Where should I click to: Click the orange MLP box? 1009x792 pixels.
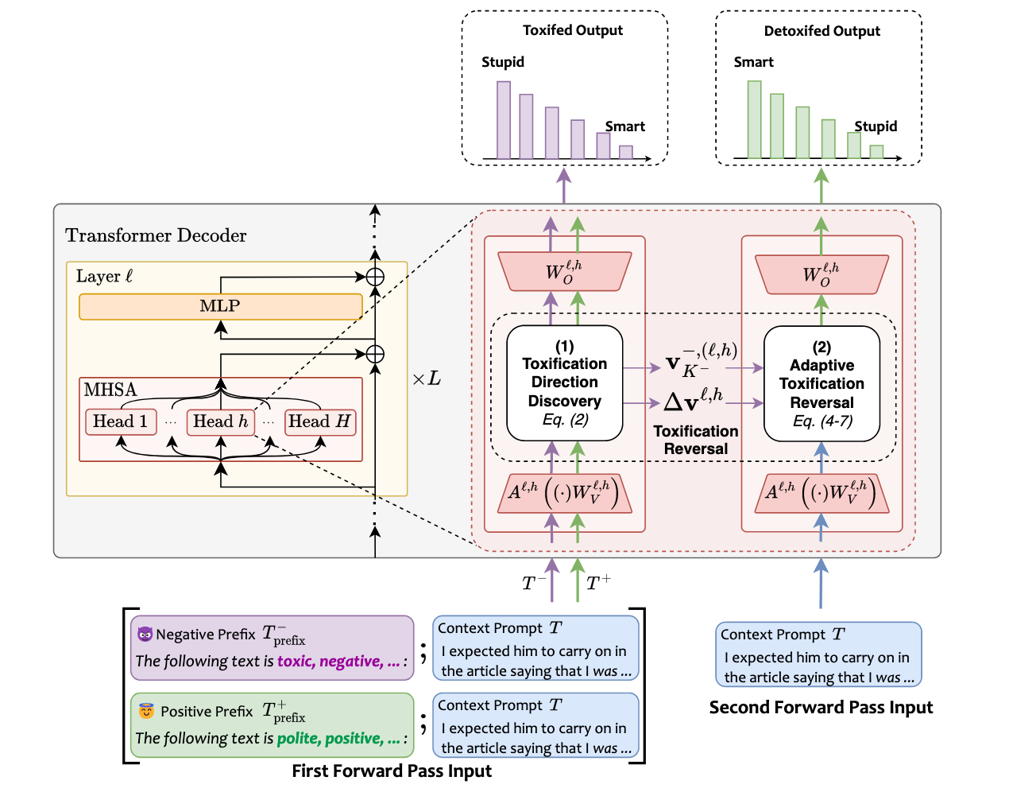tap(220, 306)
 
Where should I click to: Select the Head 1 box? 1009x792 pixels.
tap(120, 421)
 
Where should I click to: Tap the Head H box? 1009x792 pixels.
tap(319, 421)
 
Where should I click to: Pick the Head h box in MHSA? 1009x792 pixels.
tap(220, 421)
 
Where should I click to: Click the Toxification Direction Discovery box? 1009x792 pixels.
tap(564, 382)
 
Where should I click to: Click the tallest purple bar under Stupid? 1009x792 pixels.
tap(504, 120)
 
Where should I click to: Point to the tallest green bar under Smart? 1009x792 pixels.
tap(754, 120)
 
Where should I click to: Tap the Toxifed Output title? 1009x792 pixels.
tap(572, 30)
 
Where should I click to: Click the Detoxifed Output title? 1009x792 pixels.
tap(822, 31)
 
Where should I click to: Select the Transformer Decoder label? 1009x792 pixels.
tap(156, 235)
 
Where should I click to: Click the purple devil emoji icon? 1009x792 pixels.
tap(145, 634)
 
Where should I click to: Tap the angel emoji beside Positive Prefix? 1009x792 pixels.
tap(145, 710)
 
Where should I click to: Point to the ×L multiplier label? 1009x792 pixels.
tap(426, 379)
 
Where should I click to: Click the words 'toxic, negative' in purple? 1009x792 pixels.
tap(329, 661)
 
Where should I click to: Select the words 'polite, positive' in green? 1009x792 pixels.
tap(329, 738)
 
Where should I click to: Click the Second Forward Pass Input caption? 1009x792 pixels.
tap(821, 707)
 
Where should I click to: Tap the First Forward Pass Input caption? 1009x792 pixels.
tap(392, 771)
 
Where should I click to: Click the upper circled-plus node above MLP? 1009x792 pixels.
tap(375, 277)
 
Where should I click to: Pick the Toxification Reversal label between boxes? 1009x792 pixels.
tap(695, 440)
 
